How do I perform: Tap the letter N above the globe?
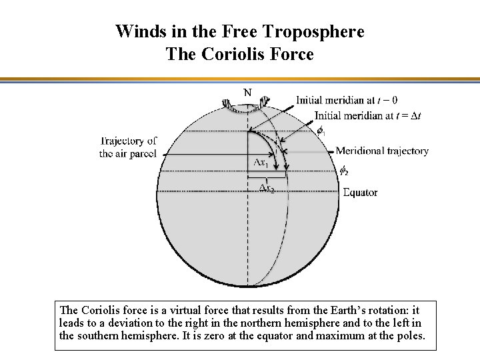247,92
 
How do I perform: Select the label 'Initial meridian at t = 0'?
347,101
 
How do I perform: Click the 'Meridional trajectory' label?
382,151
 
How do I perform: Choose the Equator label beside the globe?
360,193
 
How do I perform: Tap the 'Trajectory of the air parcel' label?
129,147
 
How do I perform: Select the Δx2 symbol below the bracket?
266,188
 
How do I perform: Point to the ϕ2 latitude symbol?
344,171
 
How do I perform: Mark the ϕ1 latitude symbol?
321,131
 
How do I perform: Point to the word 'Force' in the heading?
291,54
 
